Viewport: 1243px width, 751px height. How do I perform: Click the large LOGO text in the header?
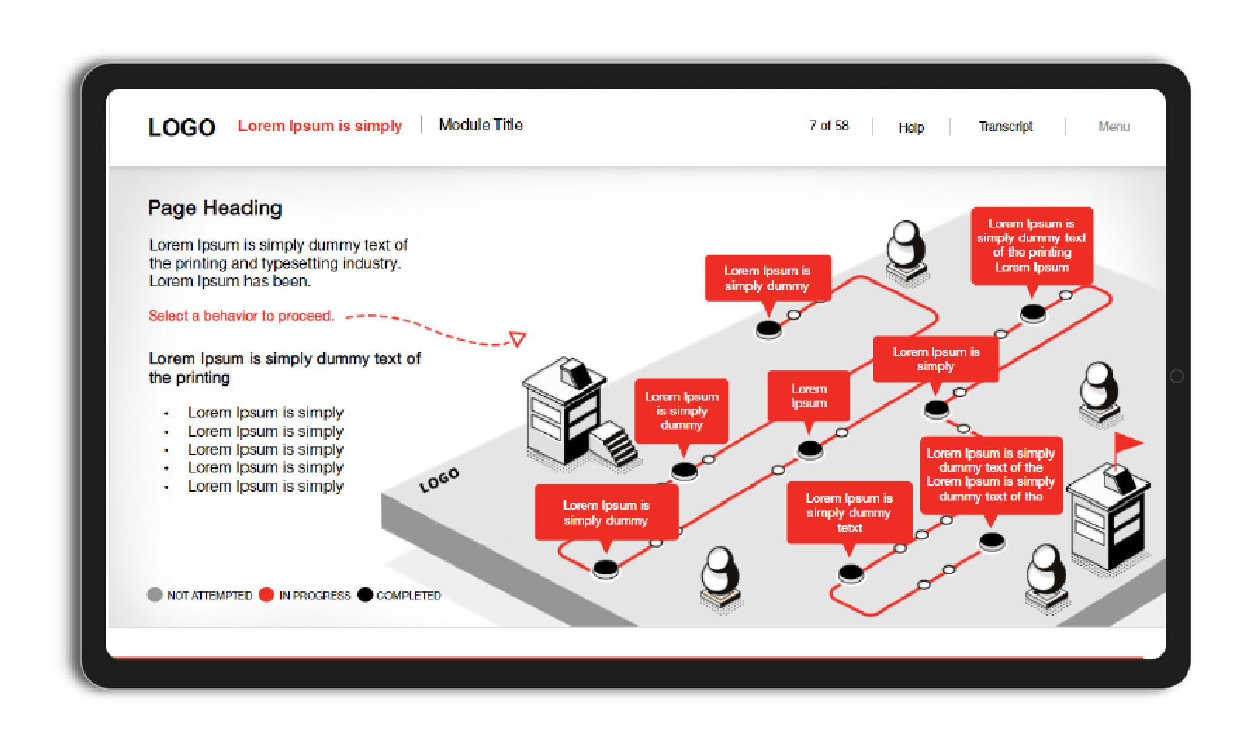pos(181,127)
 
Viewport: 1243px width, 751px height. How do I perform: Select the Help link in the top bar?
pos(911,127)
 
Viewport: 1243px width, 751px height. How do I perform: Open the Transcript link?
pos(1006,126)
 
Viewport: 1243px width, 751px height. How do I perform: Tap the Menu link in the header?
pos(1114,126)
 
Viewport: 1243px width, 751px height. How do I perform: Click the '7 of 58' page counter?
pos(828,126)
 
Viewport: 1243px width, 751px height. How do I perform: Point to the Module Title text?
pos(481,124)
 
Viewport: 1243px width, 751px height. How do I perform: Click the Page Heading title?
pos(215,208)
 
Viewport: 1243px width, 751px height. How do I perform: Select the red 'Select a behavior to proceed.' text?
pos(242,316)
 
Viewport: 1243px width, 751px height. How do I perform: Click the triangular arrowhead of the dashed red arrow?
pos(518,338)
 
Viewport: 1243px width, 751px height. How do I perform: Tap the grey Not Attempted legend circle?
pos(155,594)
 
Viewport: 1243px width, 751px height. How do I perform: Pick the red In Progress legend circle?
pos(266,594)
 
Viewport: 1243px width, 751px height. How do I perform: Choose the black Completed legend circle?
pos(365,594)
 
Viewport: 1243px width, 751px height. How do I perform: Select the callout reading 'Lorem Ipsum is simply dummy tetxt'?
pos(850,513)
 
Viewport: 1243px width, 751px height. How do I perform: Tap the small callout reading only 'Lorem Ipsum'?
pos(808,396)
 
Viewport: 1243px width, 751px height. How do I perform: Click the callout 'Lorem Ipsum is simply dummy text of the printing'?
pos(1032,245)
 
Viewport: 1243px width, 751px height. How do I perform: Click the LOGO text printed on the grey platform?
pos(439,480)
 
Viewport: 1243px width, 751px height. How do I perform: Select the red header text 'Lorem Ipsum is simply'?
pos(320,126)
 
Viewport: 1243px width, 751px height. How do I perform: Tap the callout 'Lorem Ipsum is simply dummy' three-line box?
pos(682,411)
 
